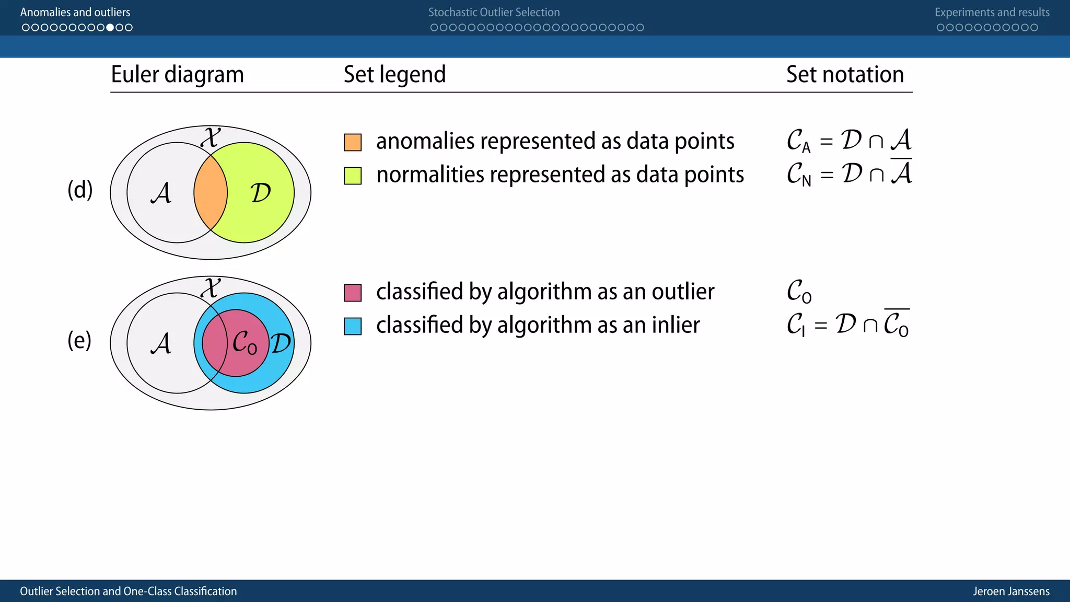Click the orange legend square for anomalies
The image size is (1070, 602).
[x=353, y=142]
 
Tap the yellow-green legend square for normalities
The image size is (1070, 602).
[x=353, y=176]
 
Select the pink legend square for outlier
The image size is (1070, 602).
[x=353, y=293]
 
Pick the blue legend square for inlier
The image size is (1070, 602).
[x=353, y=326]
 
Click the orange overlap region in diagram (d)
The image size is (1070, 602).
[x=210, y=192]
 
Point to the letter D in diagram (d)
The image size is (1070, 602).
[x=260, y=193]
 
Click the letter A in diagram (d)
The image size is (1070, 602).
[x=161, y=193]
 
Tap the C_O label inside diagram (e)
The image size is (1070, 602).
[x=245, y=343]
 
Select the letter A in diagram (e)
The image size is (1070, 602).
[x=161, y=343]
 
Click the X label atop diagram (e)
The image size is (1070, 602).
[x=211, y=288]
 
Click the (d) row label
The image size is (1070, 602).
[x=80, y=189]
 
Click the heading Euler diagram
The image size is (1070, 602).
[x=177, y=74]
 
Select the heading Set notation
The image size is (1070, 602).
[x=845, y=74]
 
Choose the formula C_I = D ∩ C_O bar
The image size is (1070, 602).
[x=848, y=325]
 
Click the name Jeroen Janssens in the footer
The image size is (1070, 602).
[x=1010, y=591]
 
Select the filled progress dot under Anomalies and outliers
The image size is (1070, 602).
[x=110, y=27]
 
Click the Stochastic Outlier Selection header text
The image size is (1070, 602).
[x=494, y=12]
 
